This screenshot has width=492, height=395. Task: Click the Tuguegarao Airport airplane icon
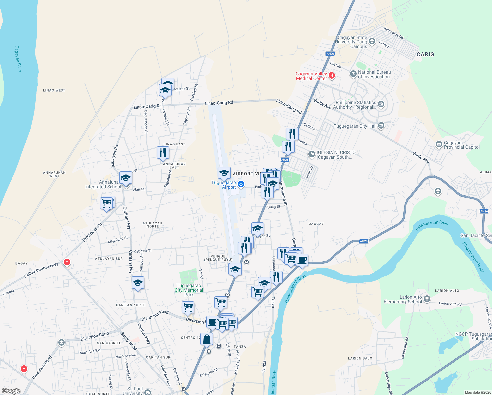[x=241, y=184]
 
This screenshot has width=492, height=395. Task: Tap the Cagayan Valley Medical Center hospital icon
[x=332, y=76]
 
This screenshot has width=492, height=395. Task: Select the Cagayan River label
[x=18, y=59]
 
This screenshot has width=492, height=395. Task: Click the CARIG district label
[x=425, y=54]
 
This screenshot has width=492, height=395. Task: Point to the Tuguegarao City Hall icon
[x=381, y=125]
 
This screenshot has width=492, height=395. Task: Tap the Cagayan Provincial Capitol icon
[x=439, y=145]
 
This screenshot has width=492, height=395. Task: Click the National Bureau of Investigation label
[x=374, y=74]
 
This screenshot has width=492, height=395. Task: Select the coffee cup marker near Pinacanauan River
[x=302, y=260]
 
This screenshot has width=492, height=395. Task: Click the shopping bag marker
[x=207, y=339]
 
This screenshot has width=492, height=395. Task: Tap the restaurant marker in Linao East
[x=163, y=152]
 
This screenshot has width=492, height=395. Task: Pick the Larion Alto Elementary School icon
[x=427, y=299]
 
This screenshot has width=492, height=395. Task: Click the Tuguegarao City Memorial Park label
[x=189, y=290]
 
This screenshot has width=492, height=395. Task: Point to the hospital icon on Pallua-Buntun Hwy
[x=67, y=262]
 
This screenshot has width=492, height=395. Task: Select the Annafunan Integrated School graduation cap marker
[x=126, y=178]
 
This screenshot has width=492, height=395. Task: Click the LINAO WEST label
[x=54, y=90]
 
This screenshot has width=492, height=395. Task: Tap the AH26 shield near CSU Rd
[x=330, y=54]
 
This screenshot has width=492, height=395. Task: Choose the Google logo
[x=11, y=391]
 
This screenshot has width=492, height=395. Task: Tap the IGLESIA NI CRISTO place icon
[x=311, y=154]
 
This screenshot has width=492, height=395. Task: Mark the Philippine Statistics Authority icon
[x=381, y=105]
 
